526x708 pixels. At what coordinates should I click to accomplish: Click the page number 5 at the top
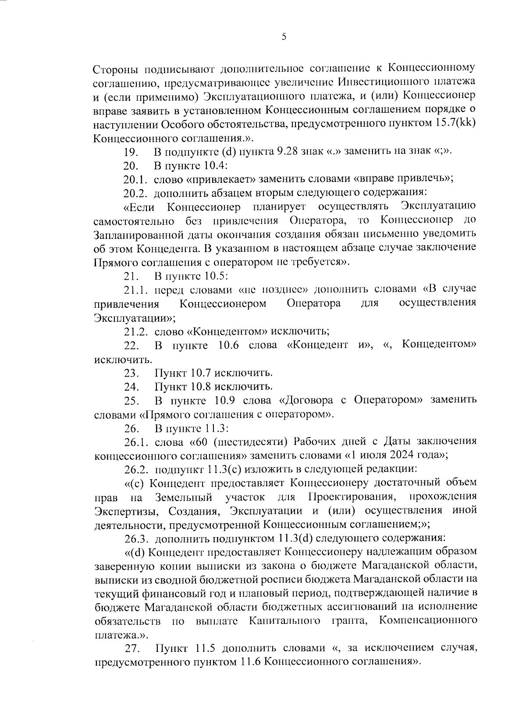(x=284, y=37)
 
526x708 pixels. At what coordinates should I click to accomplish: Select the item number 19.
(x=131, y=152)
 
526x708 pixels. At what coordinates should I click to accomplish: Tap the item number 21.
(x=131, y=277)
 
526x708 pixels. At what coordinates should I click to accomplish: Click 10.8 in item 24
(x=201, y=387)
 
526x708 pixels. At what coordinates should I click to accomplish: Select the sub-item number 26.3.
(x=136, y=538)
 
